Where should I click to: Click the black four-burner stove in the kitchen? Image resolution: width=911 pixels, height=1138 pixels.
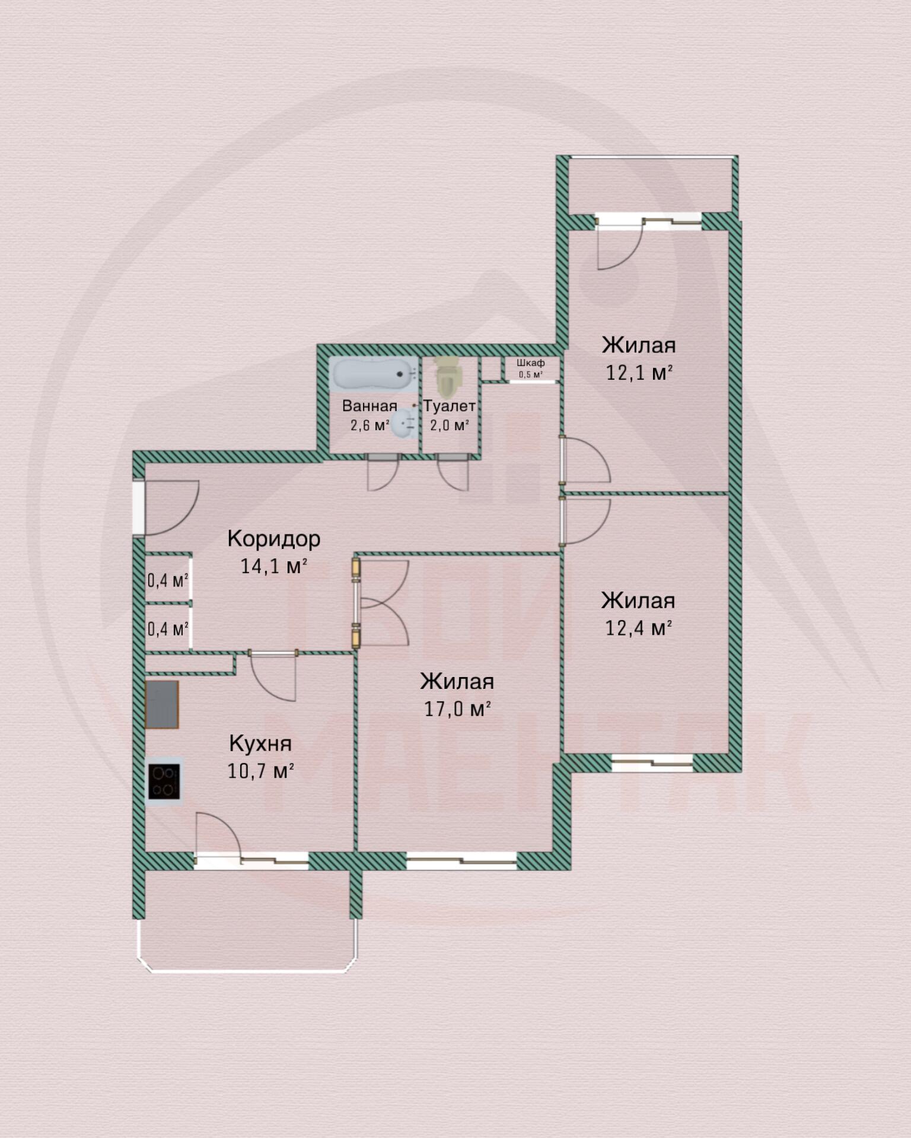click(164, 781)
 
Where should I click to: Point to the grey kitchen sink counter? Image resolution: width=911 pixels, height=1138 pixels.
click(162, 704)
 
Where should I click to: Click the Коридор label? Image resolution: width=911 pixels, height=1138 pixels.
click(273, 539)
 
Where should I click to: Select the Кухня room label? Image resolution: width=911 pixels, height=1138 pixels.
click(260, 743)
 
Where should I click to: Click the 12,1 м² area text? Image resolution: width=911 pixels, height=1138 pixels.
click(639, 373)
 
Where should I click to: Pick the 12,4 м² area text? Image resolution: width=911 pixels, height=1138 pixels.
click(638, 628)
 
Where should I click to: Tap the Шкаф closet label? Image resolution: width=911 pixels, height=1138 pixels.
click(530, 363)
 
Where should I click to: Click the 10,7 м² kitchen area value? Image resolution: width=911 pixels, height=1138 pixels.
click(260, 771)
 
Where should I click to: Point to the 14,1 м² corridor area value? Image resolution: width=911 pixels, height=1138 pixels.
click(273, 566)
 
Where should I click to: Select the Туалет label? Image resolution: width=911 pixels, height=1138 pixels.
click(449, 406)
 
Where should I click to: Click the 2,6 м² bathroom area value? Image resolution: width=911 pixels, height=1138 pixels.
click(370, 425)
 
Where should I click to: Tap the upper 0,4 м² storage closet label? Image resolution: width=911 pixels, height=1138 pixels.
click(168, 579)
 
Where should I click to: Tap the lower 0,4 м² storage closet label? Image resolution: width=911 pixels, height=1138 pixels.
click(168, 628)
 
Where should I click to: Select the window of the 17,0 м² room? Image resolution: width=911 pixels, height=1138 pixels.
click(461, 860)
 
